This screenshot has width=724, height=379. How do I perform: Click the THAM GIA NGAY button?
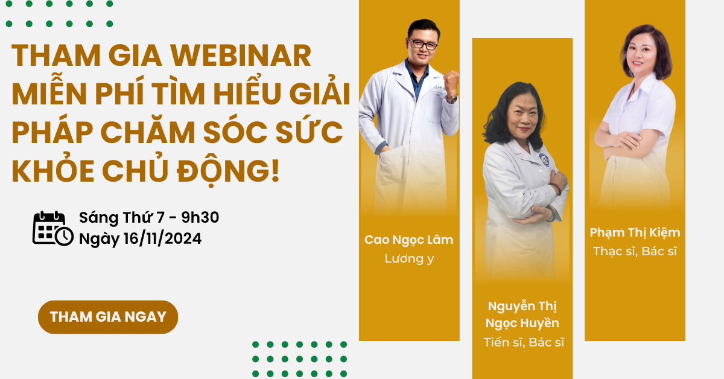coord(108,317)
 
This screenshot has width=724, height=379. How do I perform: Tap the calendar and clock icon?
coord(53,228)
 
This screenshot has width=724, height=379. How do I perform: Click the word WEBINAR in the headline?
coord(241,56)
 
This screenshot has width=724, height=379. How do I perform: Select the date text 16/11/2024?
coord(162,238)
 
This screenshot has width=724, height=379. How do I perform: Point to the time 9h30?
coord(200,217)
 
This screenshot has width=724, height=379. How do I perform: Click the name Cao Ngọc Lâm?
coord(409,240)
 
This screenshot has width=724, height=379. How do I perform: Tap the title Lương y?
coord(409,259)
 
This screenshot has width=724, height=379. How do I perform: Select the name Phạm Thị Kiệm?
coord(635,233)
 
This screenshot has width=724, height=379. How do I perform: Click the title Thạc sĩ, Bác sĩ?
coord(635,251)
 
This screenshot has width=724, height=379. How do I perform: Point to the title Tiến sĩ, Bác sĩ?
coord(524,342)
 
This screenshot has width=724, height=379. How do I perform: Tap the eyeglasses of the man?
coord(422,43)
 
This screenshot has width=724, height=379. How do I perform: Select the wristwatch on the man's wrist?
coord(451,98)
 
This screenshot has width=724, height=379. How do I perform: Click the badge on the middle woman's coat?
coord(544,160)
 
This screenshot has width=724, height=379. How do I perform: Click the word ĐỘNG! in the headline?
coord(228,171)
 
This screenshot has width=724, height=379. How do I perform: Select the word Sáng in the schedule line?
coord(99,218)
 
